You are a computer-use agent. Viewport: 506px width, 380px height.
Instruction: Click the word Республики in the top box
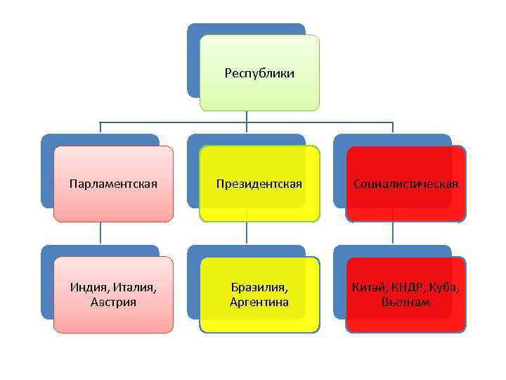259,73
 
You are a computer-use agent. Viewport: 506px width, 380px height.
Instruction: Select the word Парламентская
113,184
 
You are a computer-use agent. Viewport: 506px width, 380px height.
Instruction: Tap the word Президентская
259,184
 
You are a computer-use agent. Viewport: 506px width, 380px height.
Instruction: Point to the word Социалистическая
406,184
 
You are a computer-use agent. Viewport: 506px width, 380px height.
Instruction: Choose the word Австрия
113,303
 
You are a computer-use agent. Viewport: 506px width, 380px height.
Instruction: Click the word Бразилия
259,288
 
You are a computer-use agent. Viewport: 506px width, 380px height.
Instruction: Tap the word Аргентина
259,303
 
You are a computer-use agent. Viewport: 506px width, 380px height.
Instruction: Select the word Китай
369,288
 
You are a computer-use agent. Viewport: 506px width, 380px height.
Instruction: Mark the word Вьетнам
406,303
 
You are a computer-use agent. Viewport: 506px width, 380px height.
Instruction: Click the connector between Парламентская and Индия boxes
100,234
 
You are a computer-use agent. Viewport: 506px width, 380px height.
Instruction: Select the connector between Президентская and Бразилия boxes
246,234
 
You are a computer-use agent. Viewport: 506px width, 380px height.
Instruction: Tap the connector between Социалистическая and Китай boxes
392,234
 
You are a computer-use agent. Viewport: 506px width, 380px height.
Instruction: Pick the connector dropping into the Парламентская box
100,127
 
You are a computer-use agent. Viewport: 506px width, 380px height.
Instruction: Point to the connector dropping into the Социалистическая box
392,127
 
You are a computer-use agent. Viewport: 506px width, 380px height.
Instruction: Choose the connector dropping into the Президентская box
246,127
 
